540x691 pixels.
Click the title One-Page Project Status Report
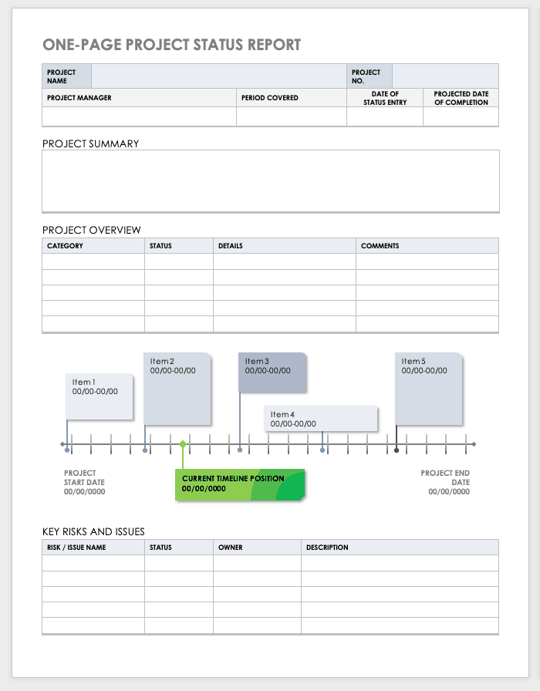[171, 46]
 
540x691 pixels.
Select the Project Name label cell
[66, 76]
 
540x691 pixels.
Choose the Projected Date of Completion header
[461, 98]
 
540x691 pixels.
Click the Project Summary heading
[91, 143]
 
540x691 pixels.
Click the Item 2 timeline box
[177, 388]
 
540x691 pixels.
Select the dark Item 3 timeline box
[272, 372]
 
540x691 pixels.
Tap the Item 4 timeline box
[320, 419]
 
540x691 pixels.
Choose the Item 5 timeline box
[429, 388]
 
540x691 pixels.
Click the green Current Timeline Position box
[240, 484]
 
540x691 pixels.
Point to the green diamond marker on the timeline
[183, 444]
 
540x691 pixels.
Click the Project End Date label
[445, 482]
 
